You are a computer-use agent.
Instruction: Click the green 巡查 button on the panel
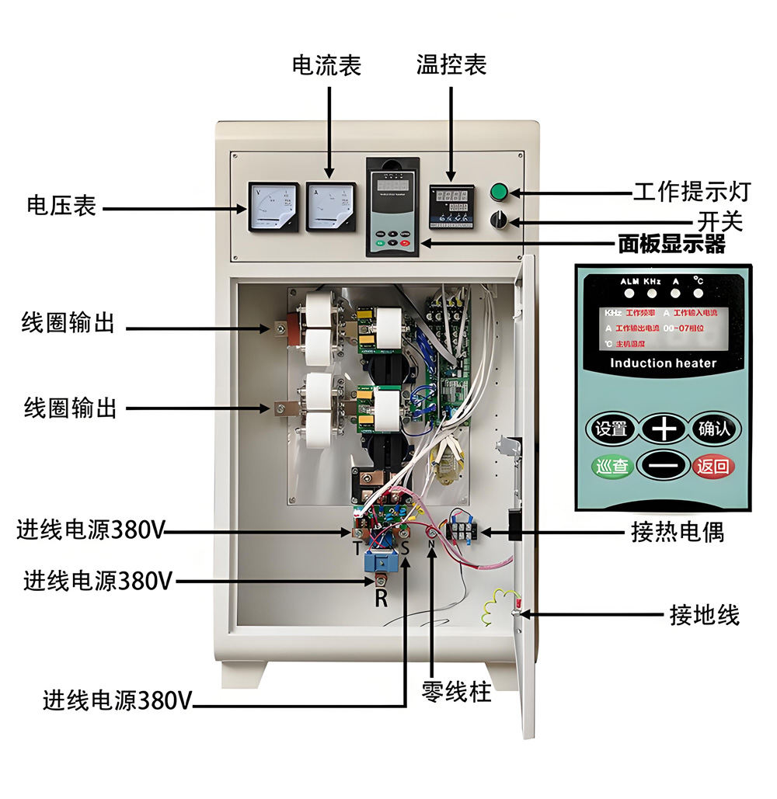(x=611, y=467)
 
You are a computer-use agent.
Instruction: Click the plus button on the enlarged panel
(x=663, y=428)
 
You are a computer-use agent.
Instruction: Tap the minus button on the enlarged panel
(x=663, y=467)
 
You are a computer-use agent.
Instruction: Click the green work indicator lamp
(x=498, y=192)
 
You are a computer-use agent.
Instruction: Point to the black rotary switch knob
(x=498, y=221)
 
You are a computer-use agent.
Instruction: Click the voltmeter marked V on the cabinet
(x=273, y=207)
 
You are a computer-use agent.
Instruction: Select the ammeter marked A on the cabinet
(x=330, y=207)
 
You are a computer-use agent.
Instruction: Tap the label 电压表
(x=61, y=207)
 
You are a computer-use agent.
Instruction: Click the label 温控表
(x=451, y=65)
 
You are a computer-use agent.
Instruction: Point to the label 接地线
(x=704, y=616)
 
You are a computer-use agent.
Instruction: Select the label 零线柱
(x=456, y=692)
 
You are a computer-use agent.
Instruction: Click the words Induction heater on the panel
(x=663, y=363)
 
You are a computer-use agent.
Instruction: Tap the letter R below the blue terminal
(x=381, y=599)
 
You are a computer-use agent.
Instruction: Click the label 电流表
(x=326, y=65)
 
